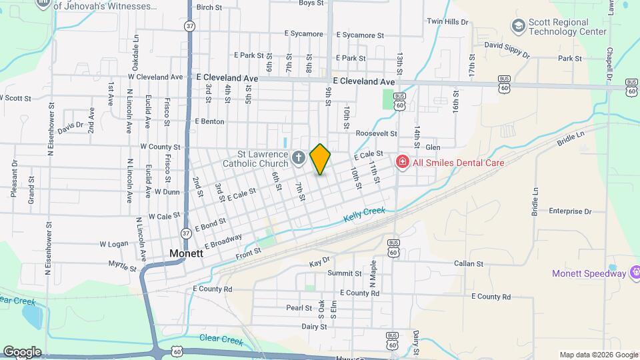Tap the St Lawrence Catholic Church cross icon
299,159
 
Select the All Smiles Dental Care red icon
402,162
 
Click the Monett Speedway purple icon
634,273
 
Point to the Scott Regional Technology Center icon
517,26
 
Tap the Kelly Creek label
365,215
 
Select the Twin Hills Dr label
448,21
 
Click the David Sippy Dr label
506,50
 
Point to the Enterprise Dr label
570,211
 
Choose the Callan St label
468,264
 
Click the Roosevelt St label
376,133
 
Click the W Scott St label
15,98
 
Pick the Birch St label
209,7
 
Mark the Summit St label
344,273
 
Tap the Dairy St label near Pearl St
313,327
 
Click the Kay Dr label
320,263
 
